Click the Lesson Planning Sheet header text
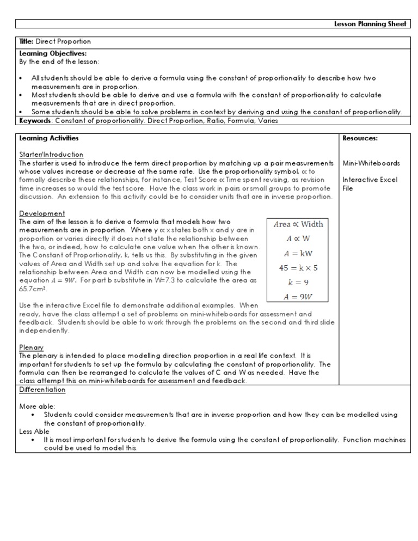click(x=376, y=24)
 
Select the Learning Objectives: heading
click(x=45, y=53)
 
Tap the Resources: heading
click(x=360, y=138)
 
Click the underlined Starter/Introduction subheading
click(x=51, y=155)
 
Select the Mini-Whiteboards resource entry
click(x=371, y=163)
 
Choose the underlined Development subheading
click(x=42, y=213)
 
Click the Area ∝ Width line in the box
click(x=298, y=224)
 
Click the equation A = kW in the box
click(x=298, y=253)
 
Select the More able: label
click(x=36, y=406)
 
